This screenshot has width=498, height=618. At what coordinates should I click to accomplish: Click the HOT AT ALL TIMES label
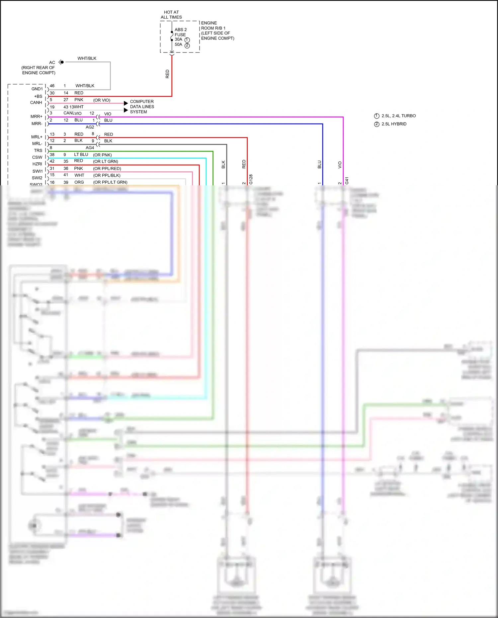coord(171,15)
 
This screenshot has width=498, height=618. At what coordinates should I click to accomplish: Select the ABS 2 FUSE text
coord(181,32)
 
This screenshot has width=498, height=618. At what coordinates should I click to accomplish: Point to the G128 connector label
coord(251,179)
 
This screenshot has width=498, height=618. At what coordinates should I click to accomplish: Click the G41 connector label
coord(347,180)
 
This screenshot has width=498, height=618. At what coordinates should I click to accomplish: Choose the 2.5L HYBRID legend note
coord(394,124)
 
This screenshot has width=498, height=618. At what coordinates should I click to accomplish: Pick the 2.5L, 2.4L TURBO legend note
coord(398,116)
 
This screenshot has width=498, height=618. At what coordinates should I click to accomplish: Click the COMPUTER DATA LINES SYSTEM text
coord(142,107)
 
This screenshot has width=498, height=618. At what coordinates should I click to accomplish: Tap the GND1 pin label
coord(37,89)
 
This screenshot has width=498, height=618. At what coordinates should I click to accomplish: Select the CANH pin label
coord(36,103)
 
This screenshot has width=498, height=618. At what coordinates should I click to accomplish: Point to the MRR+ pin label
coord(37,117)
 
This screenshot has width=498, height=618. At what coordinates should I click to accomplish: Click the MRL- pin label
coord(37,143)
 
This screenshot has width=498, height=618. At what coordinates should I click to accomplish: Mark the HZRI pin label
coord(37,164)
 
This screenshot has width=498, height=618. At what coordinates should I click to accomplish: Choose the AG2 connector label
coord(90,127)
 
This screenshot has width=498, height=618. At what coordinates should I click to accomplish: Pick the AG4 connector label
coord(90,148)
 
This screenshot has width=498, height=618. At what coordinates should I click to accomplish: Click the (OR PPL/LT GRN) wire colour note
coord(110,182)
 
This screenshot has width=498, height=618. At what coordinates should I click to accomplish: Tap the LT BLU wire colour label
coord(81,155)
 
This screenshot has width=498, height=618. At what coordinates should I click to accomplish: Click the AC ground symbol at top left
coord(61,62)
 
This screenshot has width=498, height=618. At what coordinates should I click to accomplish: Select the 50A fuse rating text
coord(179,44)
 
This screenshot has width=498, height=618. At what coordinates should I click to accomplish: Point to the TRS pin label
coord(38,150)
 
